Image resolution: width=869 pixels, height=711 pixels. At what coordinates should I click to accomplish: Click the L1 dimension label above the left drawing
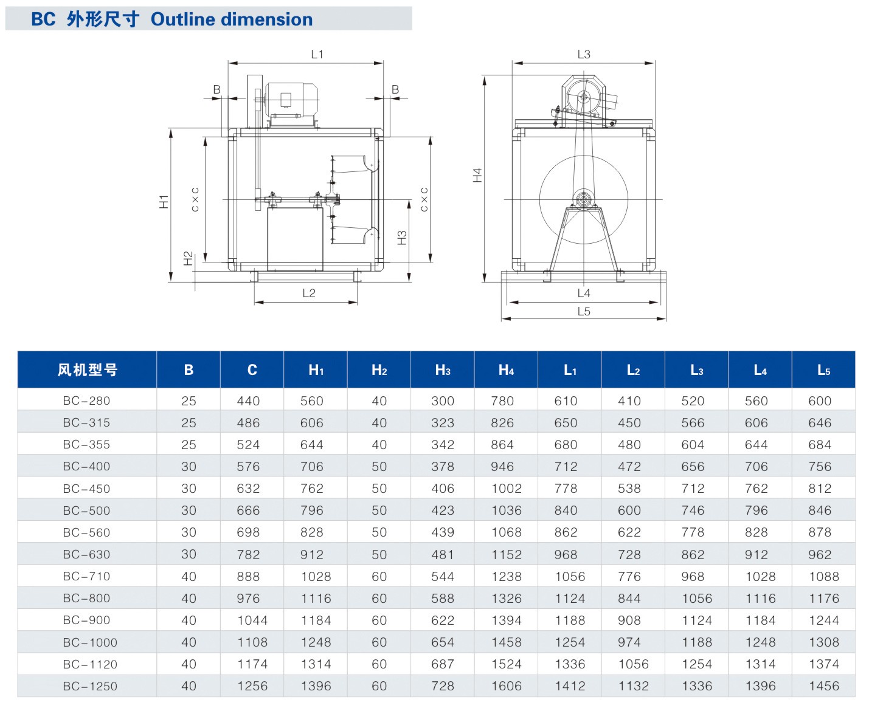coord(317,54)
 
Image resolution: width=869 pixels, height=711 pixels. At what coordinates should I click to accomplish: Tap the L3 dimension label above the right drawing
coord(583,54)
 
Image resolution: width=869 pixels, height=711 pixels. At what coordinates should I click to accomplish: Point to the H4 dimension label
coord(477,176)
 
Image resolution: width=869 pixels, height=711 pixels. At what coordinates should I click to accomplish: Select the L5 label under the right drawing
coord(583,311)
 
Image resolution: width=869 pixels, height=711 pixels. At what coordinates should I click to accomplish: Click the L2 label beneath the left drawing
coord(309,293)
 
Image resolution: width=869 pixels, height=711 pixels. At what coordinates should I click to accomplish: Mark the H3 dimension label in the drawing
coord(402,238)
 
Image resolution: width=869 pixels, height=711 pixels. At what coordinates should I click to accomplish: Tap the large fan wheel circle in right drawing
coord(540,200)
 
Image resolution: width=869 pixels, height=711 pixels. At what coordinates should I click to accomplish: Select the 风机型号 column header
coord(88,369)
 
